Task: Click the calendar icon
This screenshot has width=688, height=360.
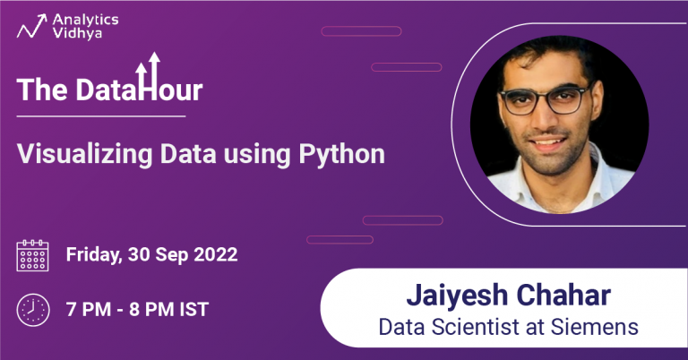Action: click(x=33, y=255)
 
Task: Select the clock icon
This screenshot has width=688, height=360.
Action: click(x=33, y=310)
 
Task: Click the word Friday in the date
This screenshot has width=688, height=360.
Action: click(x=93, y=255)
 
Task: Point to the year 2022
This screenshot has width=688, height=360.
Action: click(x=216, y=254)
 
